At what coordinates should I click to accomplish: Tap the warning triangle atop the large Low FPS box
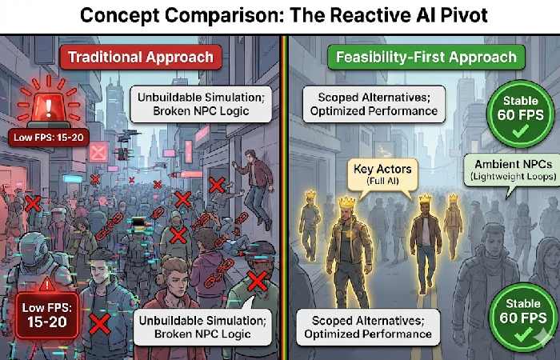(48, 285)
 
